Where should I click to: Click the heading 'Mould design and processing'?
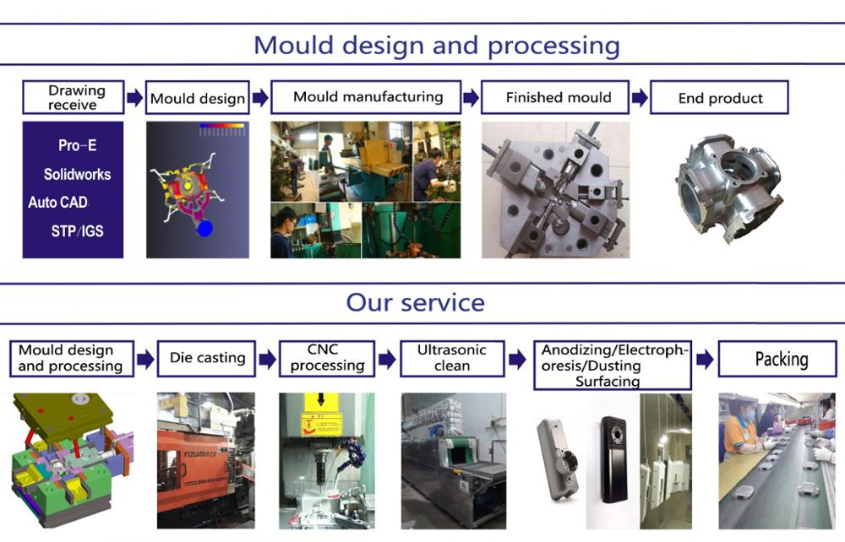pyautogui.click(x=436, y=45)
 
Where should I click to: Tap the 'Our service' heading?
pyautogui.click(x=416, y=302)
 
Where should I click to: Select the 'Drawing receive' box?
pyautogui.click(x=74, y=97)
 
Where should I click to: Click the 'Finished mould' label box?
pyautogui.click(x=558, y=97)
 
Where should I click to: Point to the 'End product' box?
pyautogui.click(x=720, y=98)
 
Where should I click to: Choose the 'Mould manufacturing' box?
pyautogui.click(x=367, y=97)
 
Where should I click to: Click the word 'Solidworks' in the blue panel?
pyautogui.click(x=77, y=175)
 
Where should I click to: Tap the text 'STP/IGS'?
pyautogui.click(x=77, y=230)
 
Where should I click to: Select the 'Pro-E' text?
pyautogui.click(x=77, y=145)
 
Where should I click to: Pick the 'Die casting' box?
pyautogui.click(x=207, y=358)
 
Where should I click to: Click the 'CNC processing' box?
pyautogui.click(x=327, y=358)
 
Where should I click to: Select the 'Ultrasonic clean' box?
pyautogui.click(x=452, y=358)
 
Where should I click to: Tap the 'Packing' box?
pyautogui.click(x=781, y=359)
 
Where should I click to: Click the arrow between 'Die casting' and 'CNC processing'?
pyautogui.click(x=267, y=360)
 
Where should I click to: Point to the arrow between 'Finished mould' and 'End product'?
pyautogui.click(x=640, y=98)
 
